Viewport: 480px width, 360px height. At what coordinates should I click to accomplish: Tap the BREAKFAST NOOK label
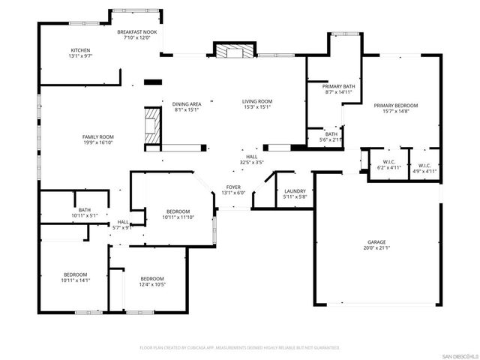[136, 33]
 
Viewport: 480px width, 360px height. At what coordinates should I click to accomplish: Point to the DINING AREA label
[186, 104]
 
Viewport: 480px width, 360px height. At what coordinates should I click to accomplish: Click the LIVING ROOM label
[256, 101]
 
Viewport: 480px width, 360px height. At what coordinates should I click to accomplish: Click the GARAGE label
[376, 243]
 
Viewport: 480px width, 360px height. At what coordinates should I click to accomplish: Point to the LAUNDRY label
[295, 190]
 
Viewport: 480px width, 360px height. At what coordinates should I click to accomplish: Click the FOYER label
[233, 187]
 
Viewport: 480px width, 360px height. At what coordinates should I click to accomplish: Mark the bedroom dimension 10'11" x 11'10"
[178, 217]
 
